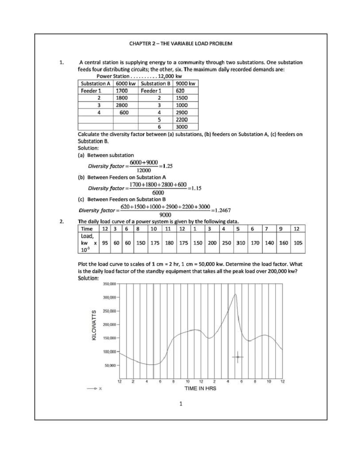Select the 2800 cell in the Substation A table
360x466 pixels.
tap(122, 105)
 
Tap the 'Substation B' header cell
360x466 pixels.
tap(155, 83)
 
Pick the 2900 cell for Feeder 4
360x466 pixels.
tap(182, 112)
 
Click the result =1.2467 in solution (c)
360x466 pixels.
tap(221, 210)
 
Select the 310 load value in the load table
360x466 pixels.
tap(241, 243)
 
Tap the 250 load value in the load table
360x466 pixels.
tap(226, 243)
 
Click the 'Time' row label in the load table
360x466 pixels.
tap(87, 229)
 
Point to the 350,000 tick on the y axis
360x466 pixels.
tap(109, 284)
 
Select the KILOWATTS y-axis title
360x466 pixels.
tap(94, 325)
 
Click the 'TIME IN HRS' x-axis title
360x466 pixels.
tap(200, 388)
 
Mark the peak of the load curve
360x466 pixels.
tap(235, 295)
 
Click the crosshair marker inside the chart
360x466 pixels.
tap(238, 357)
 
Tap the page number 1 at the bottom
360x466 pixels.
tap(181, 404)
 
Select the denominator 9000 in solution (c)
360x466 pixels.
tap(165, 215)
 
